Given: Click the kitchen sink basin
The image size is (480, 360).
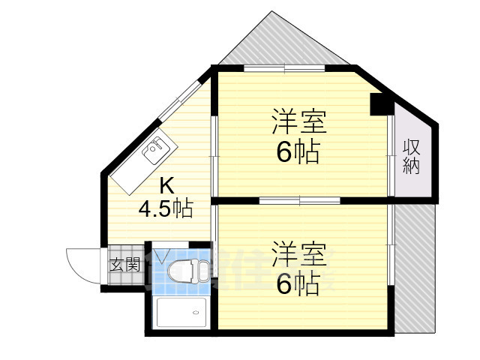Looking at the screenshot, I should tap(156, 151).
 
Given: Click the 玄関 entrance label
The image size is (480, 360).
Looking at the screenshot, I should tap(125, 264).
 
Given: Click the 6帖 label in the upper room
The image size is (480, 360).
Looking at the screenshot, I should tap(298, 152).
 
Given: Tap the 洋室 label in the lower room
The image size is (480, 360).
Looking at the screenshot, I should tap(298, 253).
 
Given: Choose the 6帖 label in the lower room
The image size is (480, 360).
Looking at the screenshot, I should tap(298, 283).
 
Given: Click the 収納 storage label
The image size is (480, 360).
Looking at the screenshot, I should tap(411, 156).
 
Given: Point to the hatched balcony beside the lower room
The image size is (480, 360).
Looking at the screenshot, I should tap(414, 270).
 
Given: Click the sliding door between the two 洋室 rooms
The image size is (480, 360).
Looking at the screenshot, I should tap(300, 201).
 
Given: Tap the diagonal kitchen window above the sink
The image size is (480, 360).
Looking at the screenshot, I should tap(180, 99).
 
